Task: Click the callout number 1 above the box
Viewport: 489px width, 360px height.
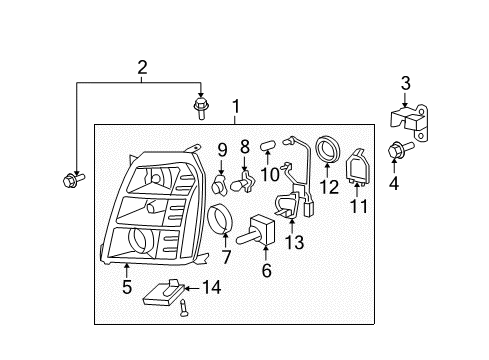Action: click(x=236, y=107)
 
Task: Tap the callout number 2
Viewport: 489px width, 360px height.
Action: click(x=142, y=68)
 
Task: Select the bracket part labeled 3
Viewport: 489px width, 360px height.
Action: click(x=409, y=122)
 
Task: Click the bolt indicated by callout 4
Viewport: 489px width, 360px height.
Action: click(x=400, y=150)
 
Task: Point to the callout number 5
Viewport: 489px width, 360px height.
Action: click(x=127, y=287)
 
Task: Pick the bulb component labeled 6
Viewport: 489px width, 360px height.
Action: click(x=256, y=231)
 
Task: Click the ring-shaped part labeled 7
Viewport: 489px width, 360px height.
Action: click(x=219, y=218)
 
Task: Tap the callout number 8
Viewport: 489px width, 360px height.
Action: click(x=245, y=147)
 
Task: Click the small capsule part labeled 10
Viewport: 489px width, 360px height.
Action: click(x=267, y=146)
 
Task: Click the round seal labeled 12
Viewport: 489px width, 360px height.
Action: click(x=328, y=149)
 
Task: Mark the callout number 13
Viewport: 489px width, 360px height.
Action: click(x=295, y=242)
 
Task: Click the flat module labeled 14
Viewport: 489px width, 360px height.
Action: click(x=164, y=293)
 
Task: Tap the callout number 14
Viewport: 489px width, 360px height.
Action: click(x=212, y=287)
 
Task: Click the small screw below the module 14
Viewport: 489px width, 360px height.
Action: click(x=183, y=308)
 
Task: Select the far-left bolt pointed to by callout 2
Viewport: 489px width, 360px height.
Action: click(x=74, y=180)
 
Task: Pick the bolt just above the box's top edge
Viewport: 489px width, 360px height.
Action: click(x=200, y=108)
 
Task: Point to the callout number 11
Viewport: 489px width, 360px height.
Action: click(x=359, y=206)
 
